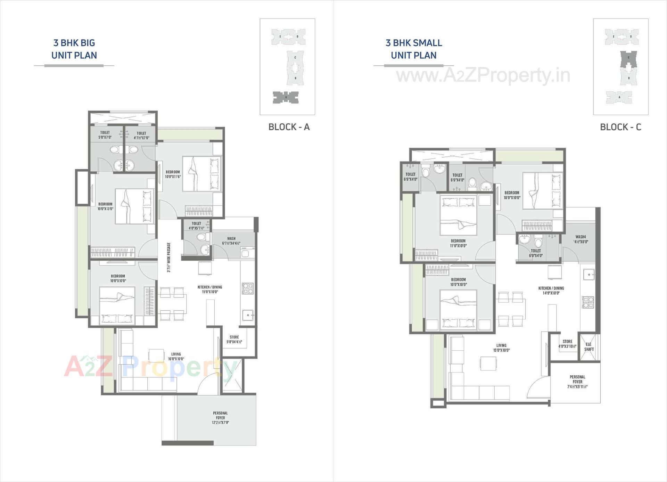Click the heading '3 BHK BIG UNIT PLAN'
pyautogui.click(x=74, y=49)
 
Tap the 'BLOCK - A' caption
pyautogui.click(x=289, y=127)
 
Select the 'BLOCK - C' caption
pyautogui.click(x=620, y=127)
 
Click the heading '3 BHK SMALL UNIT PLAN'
pyautogui.click(x=413, y=49)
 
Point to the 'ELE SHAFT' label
pyautogui.click(x=589, y=347)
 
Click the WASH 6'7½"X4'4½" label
pyautogui.click(x=231, y=241)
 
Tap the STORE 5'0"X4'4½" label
pyautogui.click(x=234, y=340)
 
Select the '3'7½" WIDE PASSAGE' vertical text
pyautogui.click(x=169, y=257)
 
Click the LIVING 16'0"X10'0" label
pyautogui.click(x=176, y=357)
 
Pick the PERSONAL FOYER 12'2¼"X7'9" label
pyautogui.click(x=220, y=418)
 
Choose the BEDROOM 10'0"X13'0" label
pyautogui.click(x=105, y=206)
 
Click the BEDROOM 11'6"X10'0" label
pyautogui.click(x=458, y=243)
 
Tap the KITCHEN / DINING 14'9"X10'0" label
pyautogui.click(x=551, y=291)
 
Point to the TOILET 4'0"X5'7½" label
pyautogui.click(x=196, y=226)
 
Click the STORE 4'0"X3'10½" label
pyautogui.click(x=567, y=344)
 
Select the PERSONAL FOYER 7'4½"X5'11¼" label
pyautogui.click(x=577, y=382)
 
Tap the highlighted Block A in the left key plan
pyautogui.click(x=286, y=97)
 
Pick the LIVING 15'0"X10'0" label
pyautogui.click(x=501, y=348)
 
